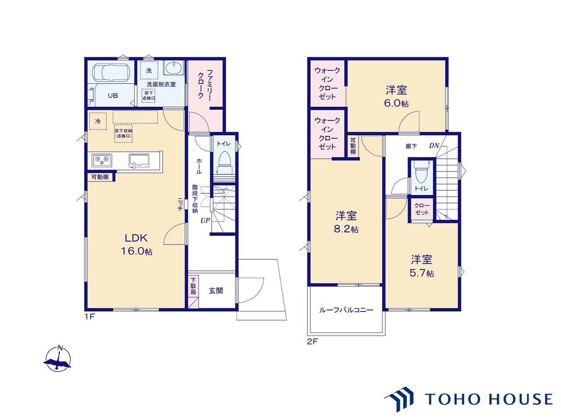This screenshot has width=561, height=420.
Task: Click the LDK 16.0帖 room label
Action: pyautogui.click(x=136, y=244)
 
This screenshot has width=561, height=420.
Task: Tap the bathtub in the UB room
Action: pyautogui.click(x=111, y=73)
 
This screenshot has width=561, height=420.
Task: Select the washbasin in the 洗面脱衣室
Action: pyautogui.click(x=174, y=67)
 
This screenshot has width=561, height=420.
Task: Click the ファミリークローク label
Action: pyautogui.click(x=205, y=84)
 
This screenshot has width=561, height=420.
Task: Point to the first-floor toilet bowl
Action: pyautogui.click(x=225, y=163)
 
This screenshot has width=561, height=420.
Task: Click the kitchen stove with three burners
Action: pyautogui.click(x=102, y=161)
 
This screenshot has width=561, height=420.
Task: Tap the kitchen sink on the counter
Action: pyautogui.click(x=139, y=161)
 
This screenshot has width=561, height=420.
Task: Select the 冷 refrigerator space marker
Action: pyautogui.click(x=98, y=121)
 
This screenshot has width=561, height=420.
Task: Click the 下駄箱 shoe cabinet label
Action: pyautogui.click(x=193, y=286)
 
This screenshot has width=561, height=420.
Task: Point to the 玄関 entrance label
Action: pyautogui.click(x=216, y=290)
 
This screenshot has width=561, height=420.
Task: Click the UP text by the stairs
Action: pyautogui.click(x=205, y=220)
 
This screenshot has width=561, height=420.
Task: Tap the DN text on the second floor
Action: pyautogui.click(x=434, y=146)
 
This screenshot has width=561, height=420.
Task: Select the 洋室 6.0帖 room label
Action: pyautogui.click(x=396, y=96)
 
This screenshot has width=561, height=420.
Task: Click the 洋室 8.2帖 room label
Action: pyautogui.click(x=346, y=222)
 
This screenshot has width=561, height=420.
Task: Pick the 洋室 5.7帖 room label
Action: pyautogui.click(x=422, y=266)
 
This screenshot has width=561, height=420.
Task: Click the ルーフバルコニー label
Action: pyautogui.click(x=346, y=310)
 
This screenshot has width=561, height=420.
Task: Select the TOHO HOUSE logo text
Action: pyautogui.click(x=488, y=399)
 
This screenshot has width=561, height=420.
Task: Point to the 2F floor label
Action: pyautogui.click(x=312, y=341)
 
